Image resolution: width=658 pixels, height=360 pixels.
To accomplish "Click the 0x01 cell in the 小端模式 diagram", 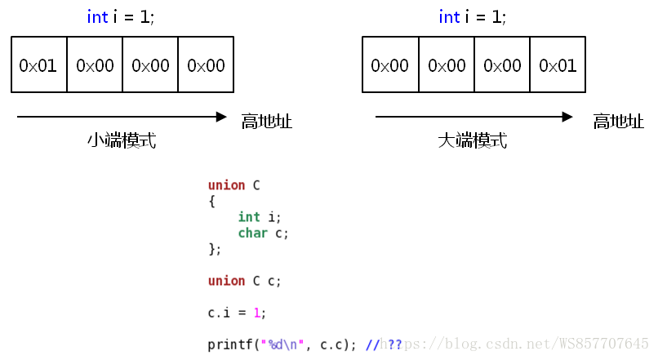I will pyautogui.click(x=38, y=64).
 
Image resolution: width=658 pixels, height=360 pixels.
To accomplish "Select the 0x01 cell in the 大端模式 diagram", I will pyautogui.click(x=558, y=64).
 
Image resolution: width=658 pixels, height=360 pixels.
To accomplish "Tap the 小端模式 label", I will pyautogui.click(x=122, y=141).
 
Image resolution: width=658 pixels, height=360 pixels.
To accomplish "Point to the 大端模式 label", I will pyautogui.click(x=473, y=141).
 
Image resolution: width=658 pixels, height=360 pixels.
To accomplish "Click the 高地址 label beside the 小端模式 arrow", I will pyautogui.click(x=266, y=122).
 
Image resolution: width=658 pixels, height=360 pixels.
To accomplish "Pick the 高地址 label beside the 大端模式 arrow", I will pyautogui.click(x=618, y=122).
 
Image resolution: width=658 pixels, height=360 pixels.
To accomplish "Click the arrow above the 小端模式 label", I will pyautogui.click(x=122, y=117).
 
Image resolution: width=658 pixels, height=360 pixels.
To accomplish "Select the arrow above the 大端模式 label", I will pyautogui.click(x=473, y=117).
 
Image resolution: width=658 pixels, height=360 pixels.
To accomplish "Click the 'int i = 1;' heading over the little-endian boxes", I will pyautogui.click(x=121, y=17).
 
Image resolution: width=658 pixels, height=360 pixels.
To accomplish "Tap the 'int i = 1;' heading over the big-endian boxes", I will pyautogui.click(x=473, y=17).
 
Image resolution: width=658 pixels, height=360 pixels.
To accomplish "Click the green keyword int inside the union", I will pyautogui.click(x=249, y=217).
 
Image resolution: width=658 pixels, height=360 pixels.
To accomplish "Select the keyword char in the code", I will pyautogui.click(x=253, y=233).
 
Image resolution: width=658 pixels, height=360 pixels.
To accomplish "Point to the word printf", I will pyautogui.click(x=230, y=344).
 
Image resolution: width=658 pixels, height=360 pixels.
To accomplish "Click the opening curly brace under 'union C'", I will pyautogui.click(x=211, y=201).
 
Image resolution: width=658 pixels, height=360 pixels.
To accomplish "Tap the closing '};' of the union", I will pyautogui.click(x=215, y=249).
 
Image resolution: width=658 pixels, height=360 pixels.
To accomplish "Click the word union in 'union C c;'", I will pyautogui.click(x=226, y=281).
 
